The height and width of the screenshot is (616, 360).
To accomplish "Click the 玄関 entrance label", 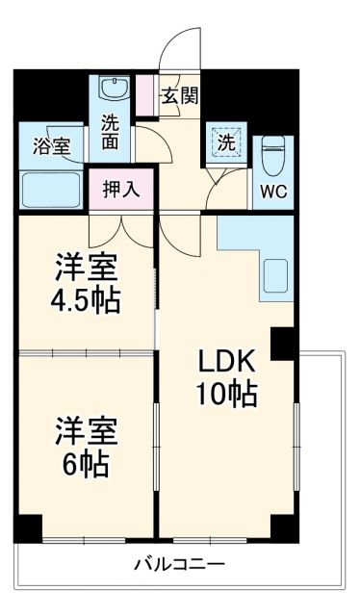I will (x=179, y=96).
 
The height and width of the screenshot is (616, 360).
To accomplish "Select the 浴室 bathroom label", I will (x=52, y=147).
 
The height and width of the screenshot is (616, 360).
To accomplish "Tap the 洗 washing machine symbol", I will (x=225, y=141).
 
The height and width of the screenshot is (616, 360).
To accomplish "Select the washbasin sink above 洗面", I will (x=113, y=90).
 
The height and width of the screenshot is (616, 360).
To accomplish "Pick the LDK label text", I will (x=227, y=362).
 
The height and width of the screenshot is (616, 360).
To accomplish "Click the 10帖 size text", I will (x=228, y=394).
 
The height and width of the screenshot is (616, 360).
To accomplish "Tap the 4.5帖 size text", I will (x=86, y=299).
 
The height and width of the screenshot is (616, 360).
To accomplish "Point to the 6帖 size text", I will (x=86, y=465).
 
